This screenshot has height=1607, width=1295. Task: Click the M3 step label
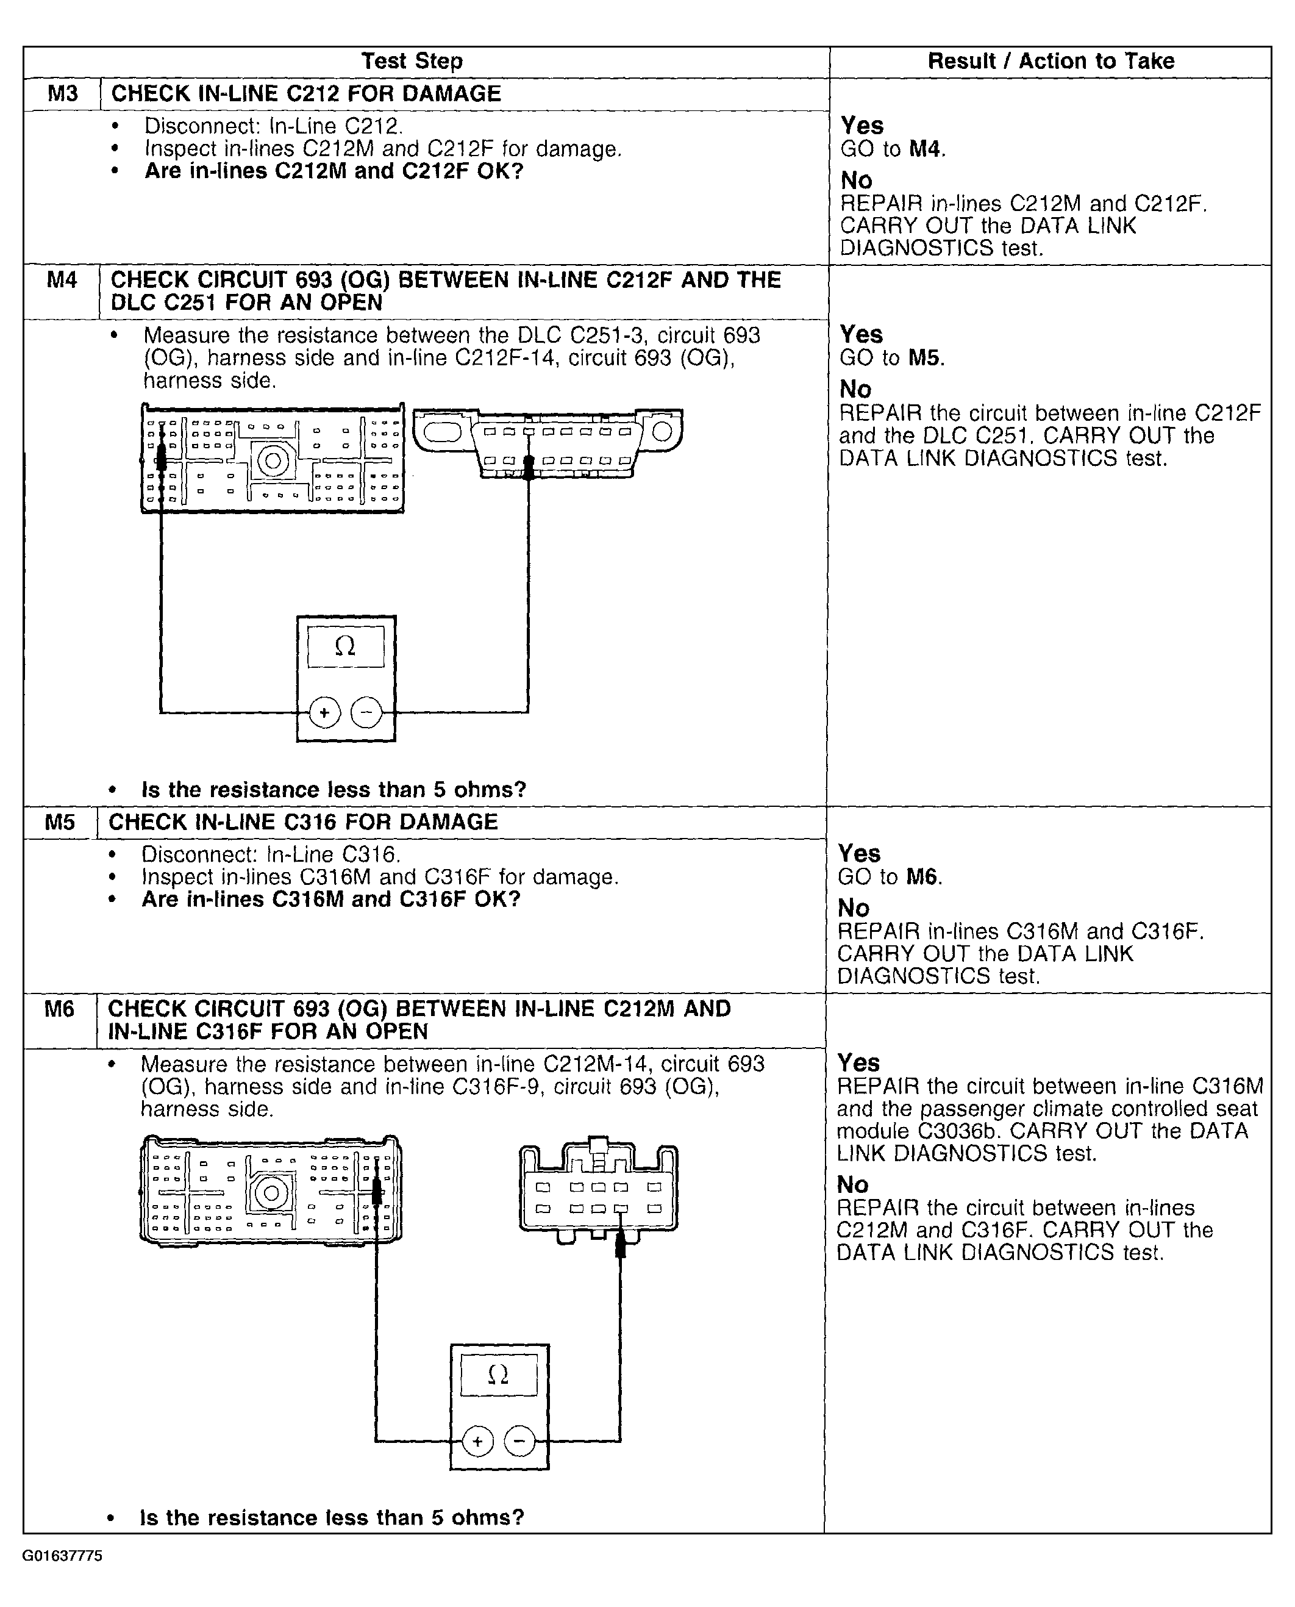63,94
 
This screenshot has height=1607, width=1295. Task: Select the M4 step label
62,281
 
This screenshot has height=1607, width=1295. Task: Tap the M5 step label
60,822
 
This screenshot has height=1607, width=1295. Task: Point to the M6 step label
59,1009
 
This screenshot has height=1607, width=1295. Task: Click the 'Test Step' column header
412,61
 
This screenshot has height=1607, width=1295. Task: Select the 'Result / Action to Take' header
1051,61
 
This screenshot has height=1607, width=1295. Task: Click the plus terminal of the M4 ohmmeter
324,712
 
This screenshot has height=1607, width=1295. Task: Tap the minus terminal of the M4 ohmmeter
366,712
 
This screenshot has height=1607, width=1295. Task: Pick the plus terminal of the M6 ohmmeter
477,1441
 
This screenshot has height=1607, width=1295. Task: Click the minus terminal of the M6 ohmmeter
520,1441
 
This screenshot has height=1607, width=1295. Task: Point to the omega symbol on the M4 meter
344,646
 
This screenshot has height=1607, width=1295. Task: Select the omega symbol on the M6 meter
498,1374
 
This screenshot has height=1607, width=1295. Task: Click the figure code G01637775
62,1556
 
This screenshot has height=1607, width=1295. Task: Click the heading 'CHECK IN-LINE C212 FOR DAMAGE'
306,94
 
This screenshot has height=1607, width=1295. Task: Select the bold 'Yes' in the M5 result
858,853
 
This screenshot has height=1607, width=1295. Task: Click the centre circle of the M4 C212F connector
273,460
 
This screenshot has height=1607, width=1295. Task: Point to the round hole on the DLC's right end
662,431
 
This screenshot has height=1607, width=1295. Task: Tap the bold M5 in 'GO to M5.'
924,358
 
